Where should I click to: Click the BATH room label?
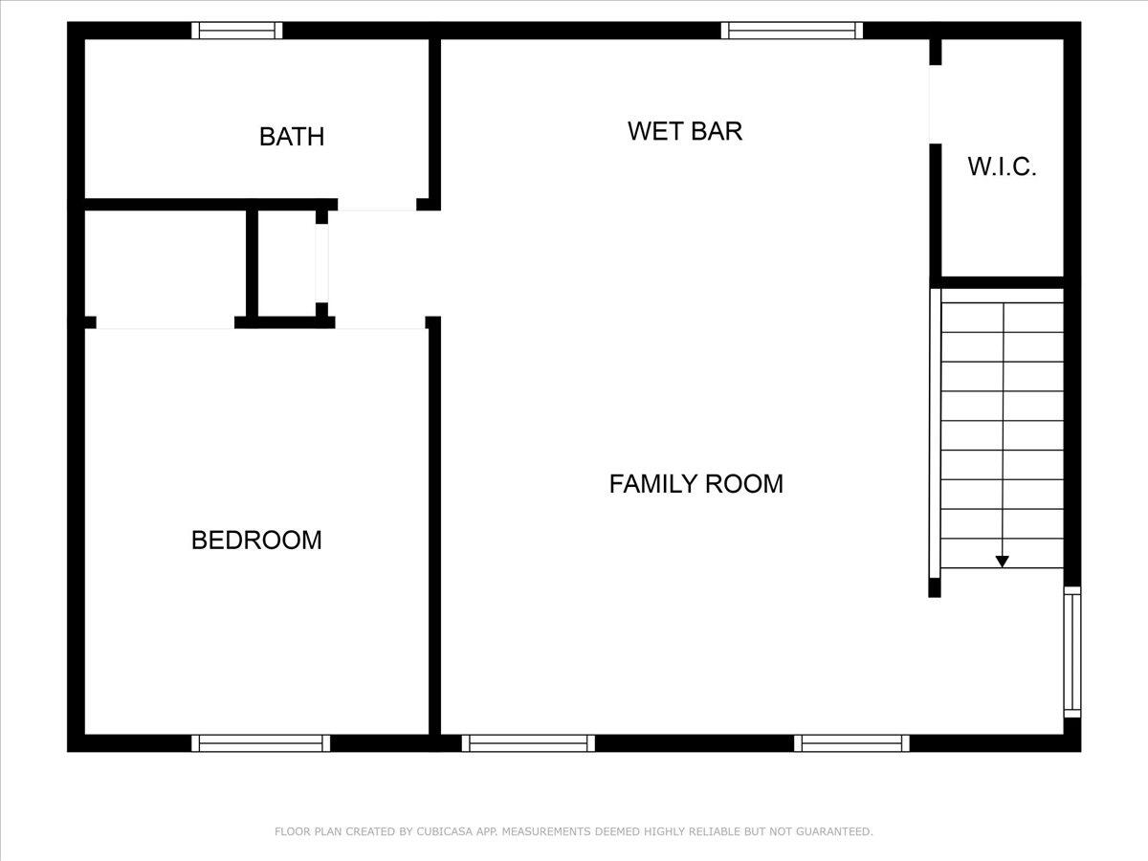292,137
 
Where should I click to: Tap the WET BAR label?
685,131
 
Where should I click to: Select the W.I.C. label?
1002,166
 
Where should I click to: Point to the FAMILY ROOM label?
695,484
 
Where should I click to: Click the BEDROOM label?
256,541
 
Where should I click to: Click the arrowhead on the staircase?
1002,562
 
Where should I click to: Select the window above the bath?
237,31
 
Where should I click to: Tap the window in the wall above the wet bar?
791,31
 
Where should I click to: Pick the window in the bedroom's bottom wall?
260,743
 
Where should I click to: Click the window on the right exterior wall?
1072,652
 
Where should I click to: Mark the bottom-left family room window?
528,743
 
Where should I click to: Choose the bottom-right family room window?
851,743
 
